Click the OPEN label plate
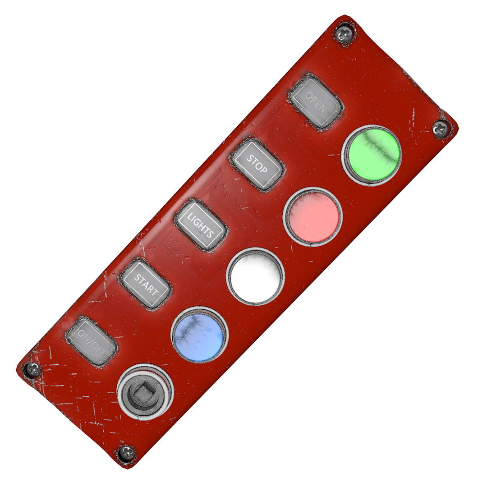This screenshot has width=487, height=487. pos(316,102)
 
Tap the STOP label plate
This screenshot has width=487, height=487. pos(257,165)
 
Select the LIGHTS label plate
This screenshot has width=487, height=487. pos(201,225)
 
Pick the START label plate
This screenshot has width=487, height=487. pos(145,284)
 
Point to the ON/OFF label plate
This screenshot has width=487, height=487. pos(92,341)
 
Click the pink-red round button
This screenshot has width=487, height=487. pos(312,216)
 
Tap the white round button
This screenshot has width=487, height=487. pos(255,276)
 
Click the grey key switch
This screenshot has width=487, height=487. pos(145,392)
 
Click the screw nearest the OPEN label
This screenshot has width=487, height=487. pos(344,34)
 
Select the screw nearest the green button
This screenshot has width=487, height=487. pos(441,129)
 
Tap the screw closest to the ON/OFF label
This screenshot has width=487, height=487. pos(32,370)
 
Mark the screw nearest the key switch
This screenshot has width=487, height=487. pos(126,453)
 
